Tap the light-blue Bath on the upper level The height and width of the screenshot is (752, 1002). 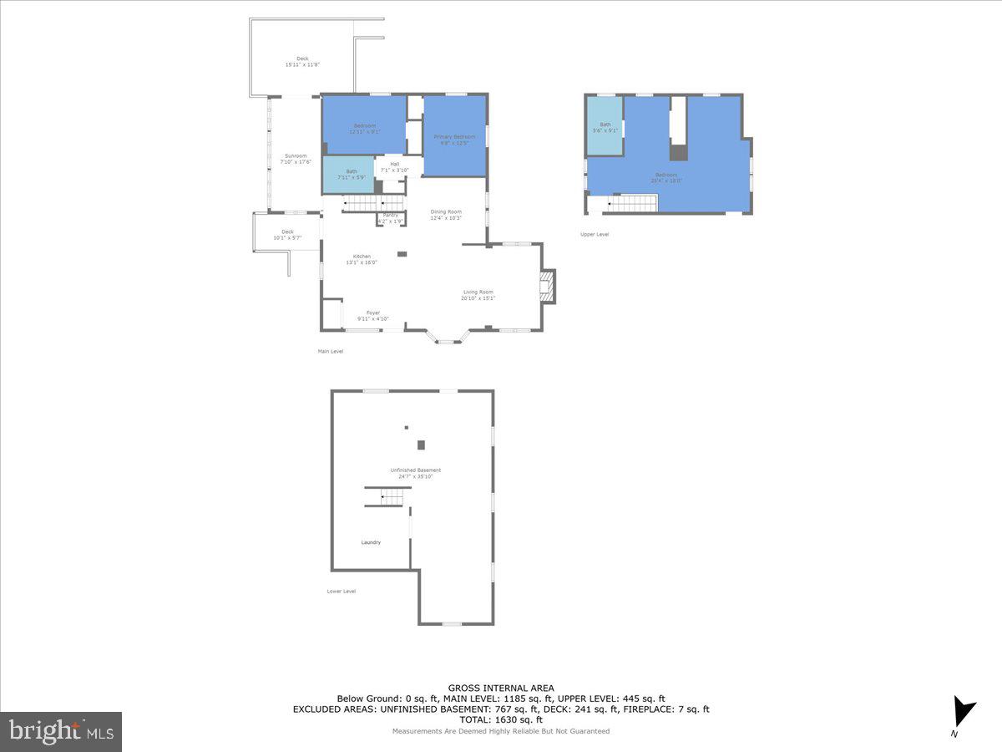605,126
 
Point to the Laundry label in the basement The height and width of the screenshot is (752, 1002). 371,542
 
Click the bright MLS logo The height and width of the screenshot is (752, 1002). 61,731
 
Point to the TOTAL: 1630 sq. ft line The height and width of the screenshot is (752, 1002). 501,719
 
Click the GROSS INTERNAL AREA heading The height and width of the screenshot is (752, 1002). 501,688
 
